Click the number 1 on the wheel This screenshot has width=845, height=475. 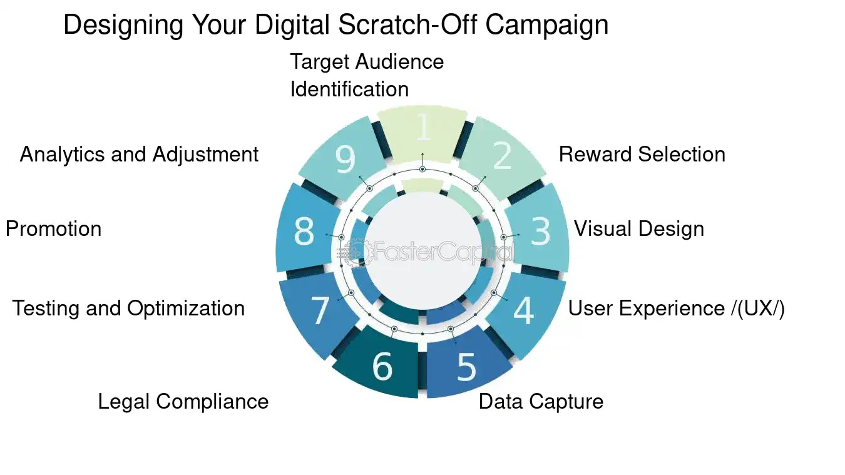(423, 127)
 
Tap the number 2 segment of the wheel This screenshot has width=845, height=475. (502, 157)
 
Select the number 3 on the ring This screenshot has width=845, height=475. (540, 232)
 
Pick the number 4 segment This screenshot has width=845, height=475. (523, 310)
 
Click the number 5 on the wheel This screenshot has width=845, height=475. (466, 367)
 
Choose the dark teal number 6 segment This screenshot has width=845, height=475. (382, 367)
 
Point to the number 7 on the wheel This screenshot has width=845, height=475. (320, 310)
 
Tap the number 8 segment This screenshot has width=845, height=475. (304, 232)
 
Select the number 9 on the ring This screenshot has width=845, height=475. (345, 160)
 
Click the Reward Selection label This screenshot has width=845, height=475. (642, 155)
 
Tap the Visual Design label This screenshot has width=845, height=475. (638, 229)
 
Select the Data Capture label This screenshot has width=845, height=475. (541, 402)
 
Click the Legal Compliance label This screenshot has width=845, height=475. (183, 402)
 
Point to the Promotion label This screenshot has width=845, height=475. (53, 229)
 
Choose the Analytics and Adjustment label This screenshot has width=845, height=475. (139, 155)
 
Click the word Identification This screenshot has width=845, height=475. (349, 89)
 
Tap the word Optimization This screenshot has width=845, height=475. (186, 309)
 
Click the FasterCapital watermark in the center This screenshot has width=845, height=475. (432, 252)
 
